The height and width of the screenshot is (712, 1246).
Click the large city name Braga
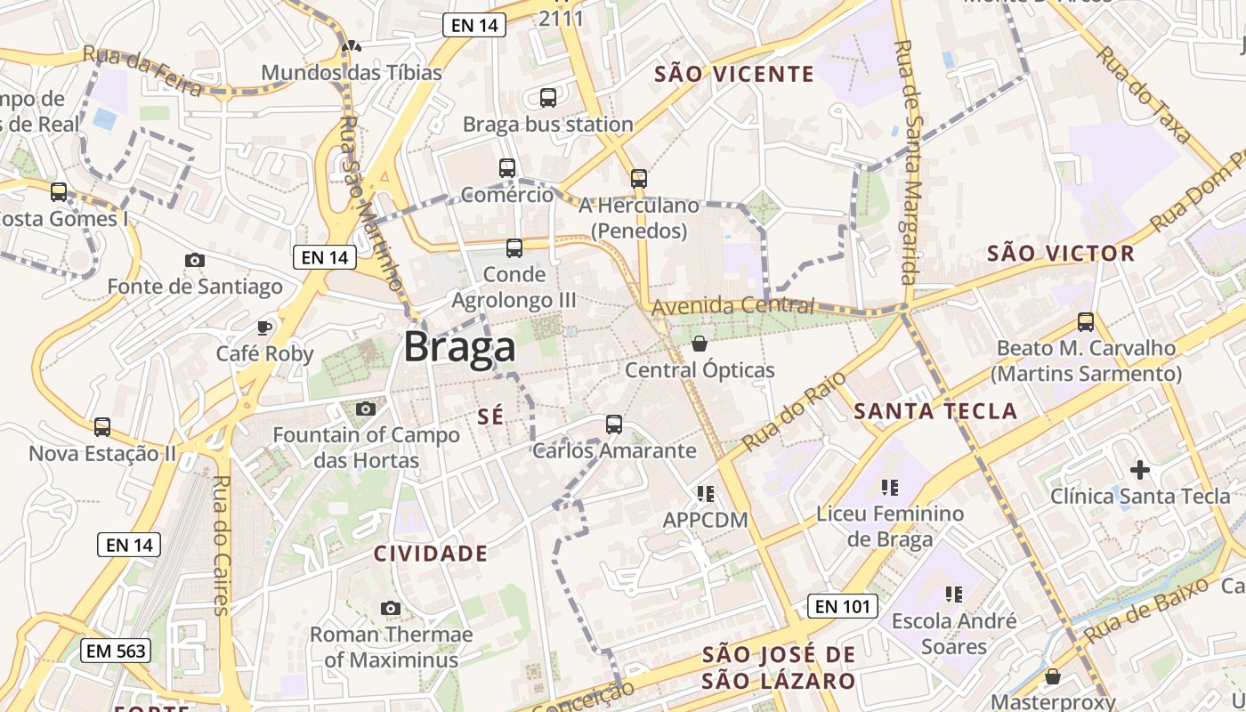pyautogui.click(x=459, y=347)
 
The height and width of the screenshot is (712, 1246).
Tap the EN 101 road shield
pyautogui.click(x=842, y=607)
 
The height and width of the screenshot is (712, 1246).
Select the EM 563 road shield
pyautogui.click(x=115, y=651)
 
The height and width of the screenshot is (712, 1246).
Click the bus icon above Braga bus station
pyautogui.click(x=547, y=97)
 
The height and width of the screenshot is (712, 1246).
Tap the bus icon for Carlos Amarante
pyautogui.click(x=613, y=424)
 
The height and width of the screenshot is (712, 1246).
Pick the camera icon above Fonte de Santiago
pyautogui.click(x=194, y=260)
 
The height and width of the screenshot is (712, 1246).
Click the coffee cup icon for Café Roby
pyautogui.click(x=264, y=328)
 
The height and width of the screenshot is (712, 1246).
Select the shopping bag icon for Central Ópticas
pyautogui.click(x=700, y=343)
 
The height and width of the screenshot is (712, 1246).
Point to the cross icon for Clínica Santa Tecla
pyautogui.click(x=1139, y=469)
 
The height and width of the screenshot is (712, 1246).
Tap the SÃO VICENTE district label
pyautogui.click(x=734, y=74)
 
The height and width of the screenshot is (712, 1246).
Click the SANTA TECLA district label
pyautogui.click(x=935, y=410)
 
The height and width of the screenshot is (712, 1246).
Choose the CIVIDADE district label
pyautogui.click(x=431, y=554)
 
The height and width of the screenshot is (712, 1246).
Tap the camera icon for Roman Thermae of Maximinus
pyautogui.click(x=390, y=608)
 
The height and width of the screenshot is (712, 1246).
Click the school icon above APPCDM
pyautogui.click(x=706, y=492)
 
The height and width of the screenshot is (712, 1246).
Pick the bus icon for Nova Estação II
pyautogui.click(x=102, y=427)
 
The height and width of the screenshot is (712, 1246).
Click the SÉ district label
pyautogui.click(x=490, y=416)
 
